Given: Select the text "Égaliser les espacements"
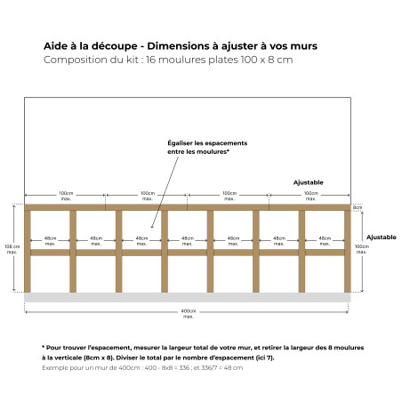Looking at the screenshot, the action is point(207,143).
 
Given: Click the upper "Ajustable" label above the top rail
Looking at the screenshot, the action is point(309,182).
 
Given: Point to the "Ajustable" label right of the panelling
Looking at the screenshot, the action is point(382,237).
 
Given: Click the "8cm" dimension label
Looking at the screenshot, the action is point(358,207).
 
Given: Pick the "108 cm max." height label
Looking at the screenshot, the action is point(12,249).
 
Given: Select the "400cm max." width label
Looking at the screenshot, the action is point(188,313).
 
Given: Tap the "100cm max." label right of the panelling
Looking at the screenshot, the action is point(362,249).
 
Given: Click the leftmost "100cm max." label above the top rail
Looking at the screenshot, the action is point(66,195).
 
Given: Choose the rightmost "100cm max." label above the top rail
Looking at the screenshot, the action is point(311,195).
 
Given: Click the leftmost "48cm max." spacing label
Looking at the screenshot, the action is point(50,240).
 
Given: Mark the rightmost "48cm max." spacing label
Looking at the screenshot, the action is point(325,240).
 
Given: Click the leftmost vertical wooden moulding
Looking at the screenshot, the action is point(28,252).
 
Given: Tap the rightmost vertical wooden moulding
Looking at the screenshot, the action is point(348,252).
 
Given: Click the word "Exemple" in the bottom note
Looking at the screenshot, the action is point(55,367).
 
